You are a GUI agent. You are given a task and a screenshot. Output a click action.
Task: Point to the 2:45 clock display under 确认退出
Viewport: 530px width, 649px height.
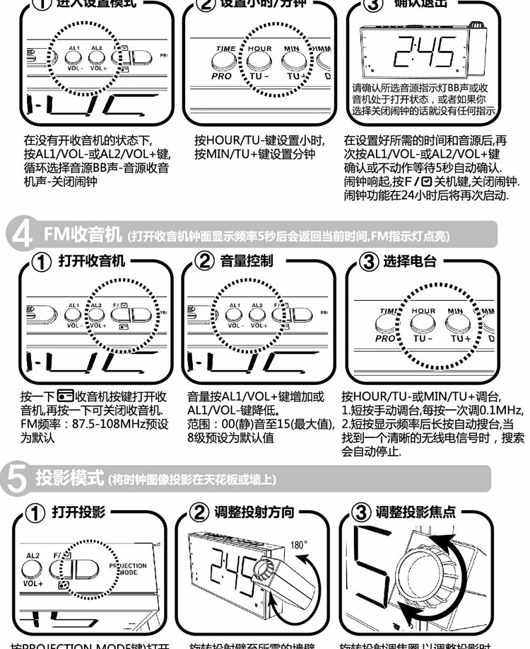pos(425,51)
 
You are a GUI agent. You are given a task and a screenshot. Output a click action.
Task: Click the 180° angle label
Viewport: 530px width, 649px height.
pos(299,546)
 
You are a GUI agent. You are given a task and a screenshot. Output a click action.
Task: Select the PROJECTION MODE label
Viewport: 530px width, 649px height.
pos(128,570)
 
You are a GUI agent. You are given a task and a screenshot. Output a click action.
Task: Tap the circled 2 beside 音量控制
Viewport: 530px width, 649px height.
pos(205,262)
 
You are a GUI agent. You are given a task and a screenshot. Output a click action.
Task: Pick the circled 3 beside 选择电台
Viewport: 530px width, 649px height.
pos(369,262)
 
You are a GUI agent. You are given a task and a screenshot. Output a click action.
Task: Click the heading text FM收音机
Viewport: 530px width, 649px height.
pos(74,234)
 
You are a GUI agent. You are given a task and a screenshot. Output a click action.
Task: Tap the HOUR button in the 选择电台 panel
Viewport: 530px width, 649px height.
pos(423,323)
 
